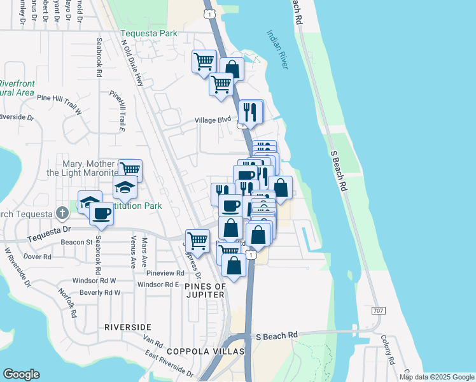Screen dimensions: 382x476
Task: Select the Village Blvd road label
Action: coord(213,120)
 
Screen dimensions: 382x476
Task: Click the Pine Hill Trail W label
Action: coord(60,97)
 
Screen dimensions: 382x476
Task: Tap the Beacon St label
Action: coord(77,242)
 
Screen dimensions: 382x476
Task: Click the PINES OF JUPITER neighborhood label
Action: coord(205,291)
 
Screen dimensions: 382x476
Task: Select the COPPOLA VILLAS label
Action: coord(197,351)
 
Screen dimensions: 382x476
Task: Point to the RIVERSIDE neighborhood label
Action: coord(128,327)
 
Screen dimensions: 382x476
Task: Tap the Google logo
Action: coord(21,374)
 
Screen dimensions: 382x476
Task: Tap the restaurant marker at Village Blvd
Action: coord(251,112)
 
